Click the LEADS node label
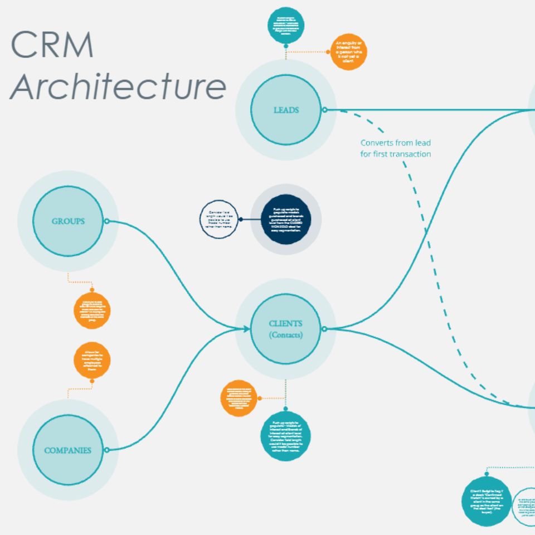pyautogui.click(x=286, y=110)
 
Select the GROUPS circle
pyautogui.click(x=68, y=221)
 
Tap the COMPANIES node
pyautogui.click(x=68, y=450)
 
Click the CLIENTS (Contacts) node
pyautogui.click(x=286, y=329)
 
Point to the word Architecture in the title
pyautogui.click(x=118, y=86)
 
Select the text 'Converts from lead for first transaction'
pyautogui.click(x=395, y=148)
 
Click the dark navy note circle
pyautogui.click(x=285, y=220)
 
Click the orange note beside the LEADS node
pyautogui.click(x=349, y=52)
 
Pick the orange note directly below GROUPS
pyautogui.click(x=92, y=310)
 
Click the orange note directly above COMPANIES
pyautogui.click(x=92, y=361)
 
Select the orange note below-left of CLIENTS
pyautogui.click(x=239, y=398)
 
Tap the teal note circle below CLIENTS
pyautogui.click(x=286, y=436)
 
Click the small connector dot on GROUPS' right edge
pyautogui.click(x=106, y=221)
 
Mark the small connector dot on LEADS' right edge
pyautogui.click(x=325, y=110)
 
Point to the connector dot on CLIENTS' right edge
pyautogui.click(x=324, y=329)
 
